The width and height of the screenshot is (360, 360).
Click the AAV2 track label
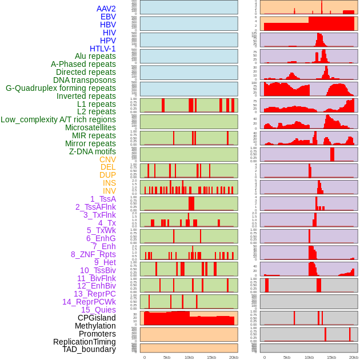coord(106,9)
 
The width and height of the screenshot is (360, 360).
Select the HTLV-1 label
coord(102,49)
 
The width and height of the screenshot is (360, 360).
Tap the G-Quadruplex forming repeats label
coord(61,88)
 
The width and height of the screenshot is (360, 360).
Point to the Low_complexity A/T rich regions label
coord(58,119)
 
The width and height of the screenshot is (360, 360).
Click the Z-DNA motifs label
coord(92,151)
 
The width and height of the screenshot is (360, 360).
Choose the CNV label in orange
coord(107,159)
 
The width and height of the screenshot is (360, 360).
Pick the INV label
coord(109,191)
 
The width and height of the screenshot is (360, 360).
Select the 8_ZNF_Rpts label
coord(93,254)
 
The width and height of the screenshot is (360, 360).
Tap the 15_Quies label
coord(98,310)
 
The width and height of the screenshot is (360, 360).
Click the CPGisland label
coord(97,318)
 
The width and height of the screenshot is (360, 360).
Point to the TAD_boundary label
coord(89,349)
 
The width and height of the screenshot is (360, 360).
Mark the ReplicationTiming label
coord(84,342)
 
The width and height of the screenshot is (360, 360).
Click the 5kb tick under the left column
coord(167,357)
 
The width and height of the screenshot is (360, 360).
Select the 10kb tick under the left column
coord(189,357)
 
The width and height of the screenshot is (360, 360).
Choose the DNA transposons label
coord(85,80)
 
